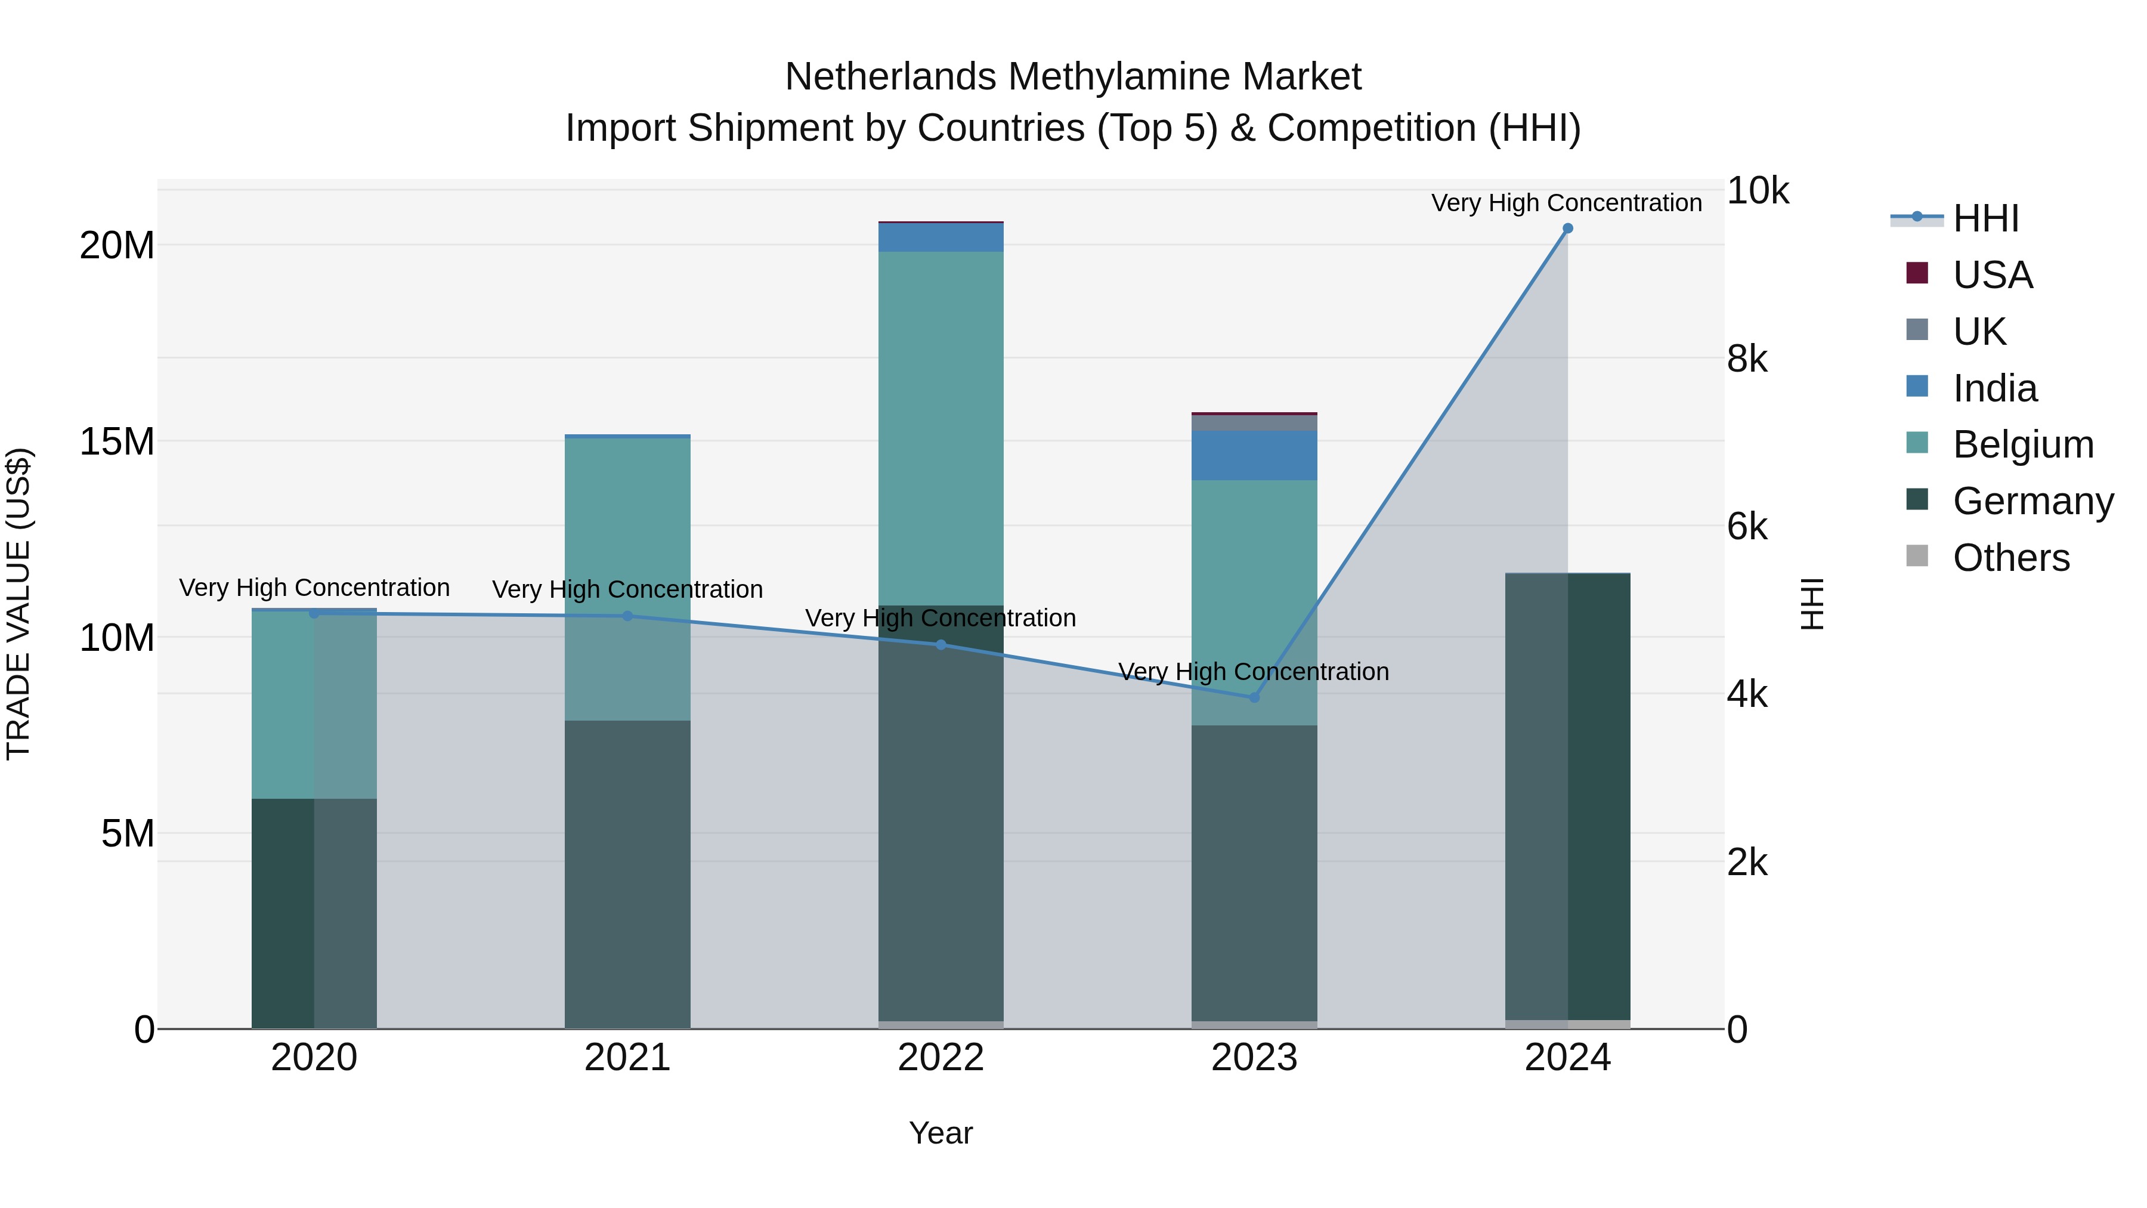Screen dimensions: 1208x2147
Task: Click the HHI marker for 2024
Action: point(1567,228)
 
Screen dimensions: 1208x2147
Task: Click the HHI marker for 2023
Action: point(1254,697)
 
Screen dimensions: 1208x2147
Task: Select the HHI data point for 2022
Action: point(941,644)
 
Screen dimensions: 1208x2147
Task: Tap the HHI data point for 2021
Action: point(627,616)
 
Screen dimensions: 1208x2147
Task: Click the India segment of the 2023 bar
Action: point(1254,455)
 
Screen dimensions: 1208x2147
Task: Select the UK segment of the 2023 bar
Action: point(1254,423)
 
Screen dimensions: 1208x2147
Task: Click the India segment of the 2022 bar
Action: point(941,237)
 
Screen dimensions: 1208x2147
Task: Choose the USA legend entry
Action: point(1992,274)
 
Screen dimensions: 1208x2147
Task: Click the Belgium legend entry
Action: point(2023,444)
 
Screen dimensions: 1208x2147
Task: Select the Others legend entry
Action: point(2010,558)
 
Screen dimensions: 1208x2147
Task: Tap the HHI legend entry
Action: point(1985,218)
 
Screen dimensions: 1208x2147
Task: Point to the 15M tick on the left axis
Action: point(117,442)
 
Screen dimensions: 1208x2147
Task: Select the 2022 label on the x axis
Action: point(941,1058)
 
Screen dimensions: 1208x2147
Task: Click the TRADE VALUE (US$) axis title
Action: point(18,604)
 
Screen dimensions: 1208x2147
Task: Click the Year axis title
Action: point(941,1133)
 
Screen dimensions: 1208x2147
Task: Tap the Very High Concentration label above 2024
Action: point(1567,203)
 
